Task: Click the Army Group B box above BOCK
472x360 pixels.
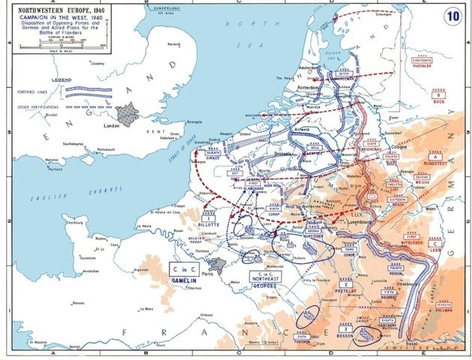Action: click(x=437, y=96)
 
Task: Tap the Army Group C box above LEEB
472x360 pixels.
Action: click(x=435, y=244)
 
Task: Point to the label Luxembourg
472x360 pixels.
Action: click(x=341, y=223)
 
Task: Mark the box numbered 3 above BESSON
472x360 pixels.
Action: click(x=345, y=328)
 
